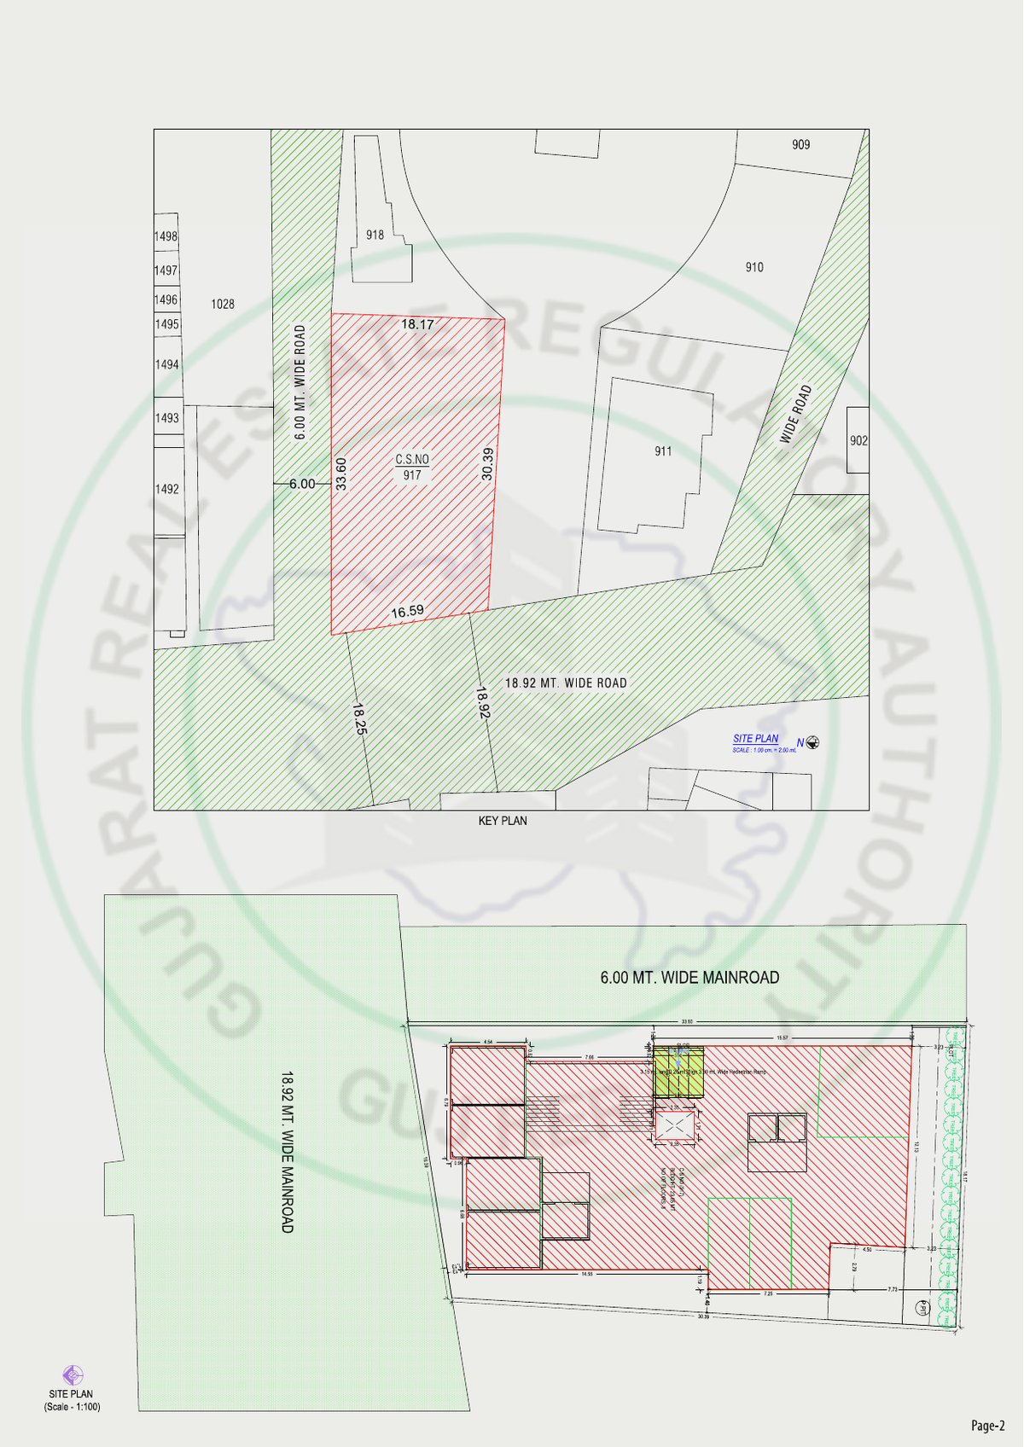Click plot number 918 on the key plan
[x=375, y=235]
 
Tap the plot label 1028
[x=223, y=304]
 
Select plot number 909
[x=800, y=144]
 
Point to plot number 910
[x=754, y=267]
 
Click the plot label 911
[x=663, y=451]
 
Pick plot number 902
[x=858, y=440]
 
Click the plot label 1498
[x=166, y=236]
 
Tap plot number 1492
[x=167, y=489]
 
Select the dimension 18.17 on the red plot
[x=417, y=324]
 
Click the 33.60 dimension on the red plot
[x=341, y=474]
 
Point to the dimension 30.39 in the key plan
[x=487, y=464]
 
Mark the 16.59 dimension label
[x=407, y=611]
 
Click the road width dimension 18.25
[x=359, y=718]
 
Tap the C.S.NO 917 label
[x=412, y=467]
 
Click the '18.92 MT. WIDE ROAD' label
[x=566, y=683]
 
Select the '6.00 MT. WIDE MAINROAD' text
[x=689, y=978]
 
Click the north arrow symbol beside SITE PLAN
[x=812, y=742]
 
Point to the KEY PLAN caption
[x=503, y=821]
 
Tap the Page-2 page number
[x=988, y=1425]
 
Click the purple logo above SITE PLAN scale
[x=73, y=1375]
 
